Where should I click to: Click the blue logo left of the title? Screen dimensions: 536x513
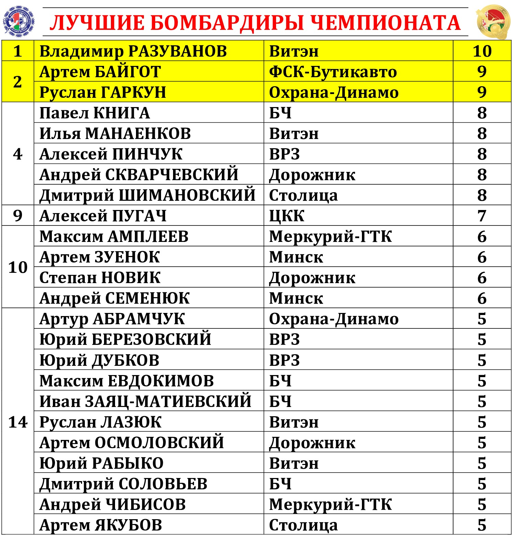(x=19, y=22)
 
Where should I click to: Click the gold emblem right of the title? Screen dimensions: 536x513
(x=493, y=22)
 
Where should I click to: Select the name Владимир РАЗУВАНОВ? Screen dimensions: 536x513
(x=133, y=51)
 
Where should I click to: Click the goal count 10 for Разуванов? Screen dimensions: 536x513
(x=482, y=51)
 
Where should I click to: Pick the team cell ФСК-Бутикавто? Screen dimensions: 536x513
(x=333, y=72)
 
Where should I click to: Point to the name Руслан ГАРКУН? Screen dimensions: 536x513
(x=103, y=92)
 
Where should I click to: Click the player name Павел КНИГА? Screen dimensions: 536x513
(x=94, y=113)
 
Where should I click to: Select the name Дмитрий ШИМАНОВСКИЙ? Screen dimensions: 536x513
(x=147, y=195)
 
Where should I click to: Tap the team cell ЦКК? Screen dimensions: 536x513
(x=287, y=216)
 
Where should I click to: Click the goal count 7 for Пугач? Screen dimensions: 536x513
(x=482, y=216)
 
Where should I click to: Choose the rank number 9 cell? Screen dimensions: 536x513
(x=18, y=215)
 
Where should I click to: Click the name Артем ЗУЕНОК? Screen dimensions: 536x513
(x=100, y=257)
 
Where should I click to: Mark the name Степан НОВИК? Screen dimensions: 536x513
(x=100, y=278)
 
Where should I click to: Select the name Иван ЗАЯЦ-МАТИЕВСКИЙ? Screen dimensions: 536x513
(x=145, y=401)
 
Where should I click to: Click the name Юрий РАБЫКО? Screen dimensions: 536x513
(x=101, y=463)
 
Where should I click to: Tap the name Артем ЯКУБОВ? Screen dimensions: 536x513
(x=101, y=525)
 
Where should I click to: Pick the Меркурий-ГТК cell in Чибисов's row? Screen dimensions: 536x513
(x=330, y=504)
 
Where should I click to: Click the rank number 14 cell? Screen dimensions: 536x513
(x=18, y=422)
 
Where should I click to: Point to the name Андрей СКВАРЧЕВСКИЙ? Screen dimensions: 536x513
(x=139, y=175)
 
